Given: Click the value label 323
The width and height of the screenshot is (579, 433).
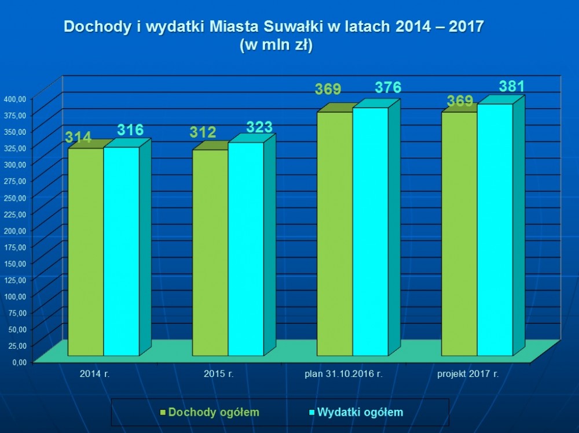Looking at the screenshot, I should (x=259, y=127).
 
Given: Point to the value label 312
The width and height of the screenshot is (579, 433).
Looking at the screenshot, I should (x=203, y=132).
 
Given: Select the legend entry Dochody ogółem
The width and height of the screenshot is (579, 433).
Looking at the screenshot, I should (x=210, y=412).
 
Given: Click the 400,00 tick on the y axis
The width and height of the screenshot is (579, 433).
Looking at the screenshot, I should (x=15, y=98).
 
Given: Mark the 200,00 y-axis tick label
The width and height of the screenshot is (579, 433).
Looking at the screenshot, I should (x=15, y=230).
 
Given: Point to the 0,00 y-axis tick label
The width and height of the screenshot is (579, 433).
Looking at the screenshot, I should (x=17, y=362).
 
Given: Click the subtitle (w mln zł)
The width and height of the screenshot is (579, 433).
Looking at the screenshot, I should (x=276, y=46).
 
